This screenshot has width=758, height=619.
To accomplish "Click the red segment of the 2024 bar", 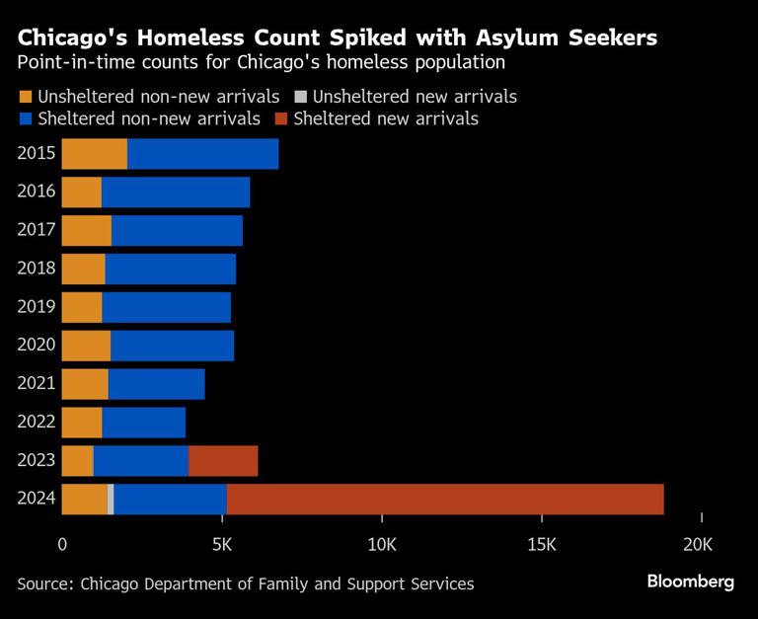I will [x=444, y=500].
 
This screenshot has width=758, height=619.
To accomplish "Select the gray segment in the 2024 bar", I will [x=111, y=500].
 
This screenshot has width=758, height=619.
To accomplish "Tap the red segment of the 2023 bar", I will [x=223, y=461].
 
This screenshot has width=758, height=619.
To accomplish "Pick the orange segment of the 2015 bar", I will [x=95, y=154].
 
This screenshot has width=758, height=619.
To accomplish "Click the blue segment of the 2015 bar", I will [x=202, y=154].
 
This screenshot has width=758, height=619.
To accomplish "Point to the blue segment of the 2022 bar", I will [x=143, y=423].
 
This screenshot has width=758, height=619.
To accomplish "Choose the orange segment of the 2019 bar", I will [x=82, y=307].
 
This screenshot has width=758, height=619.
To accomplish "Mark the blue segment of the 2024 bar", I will [x=170, y=500].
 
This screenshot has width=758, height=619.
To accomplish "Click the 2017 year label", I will [x=36, y=230].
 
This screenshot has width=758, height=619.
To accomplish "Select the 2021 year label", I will [x=36, y=384].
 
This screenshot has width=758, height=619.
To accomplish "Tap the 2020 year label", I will [x=36, y=346].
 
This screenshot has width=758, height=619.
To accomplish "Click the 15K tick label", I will [x=541, y=544].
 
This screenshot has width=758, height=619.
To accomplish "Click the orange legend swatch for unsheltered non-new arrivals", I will [x=25, y=97].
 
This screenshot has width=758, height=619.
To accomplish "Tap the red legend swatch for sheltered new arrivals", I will [x=280, y=119].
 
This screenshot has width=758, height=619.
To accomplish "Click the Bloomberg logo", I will [x=690, y=581].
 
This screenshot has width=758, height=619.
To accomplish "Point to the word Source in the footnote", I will [x=43, y=583].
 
